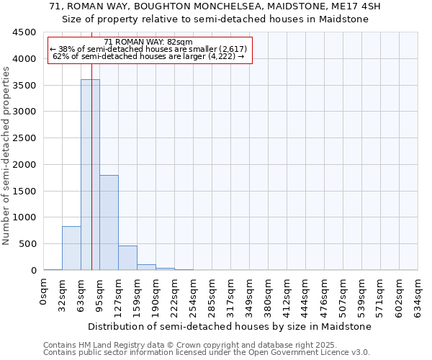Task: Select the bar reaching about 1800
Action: click(109, 222)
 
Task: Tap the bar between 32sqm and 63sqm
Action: click(71, 248)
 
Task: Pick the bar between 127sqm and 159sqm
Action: click(127, 258)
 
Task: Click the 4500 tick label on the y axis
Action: click(24, 32)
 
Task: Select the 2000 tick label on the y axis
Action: click(24, 165)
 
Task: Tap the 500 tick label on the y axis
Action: click(27, 244)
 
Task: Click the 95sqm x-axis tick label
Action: click(100, 292)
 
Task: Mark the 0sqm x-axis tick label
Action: click(44, 289)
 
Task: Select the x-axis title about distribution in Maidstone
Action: click(230, 326)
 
